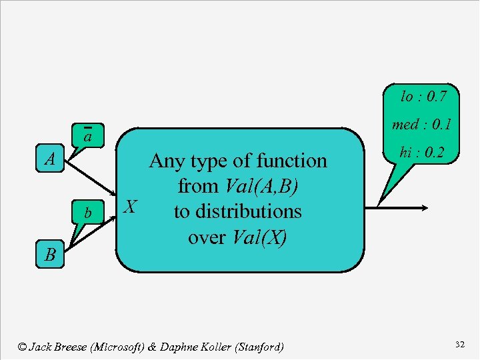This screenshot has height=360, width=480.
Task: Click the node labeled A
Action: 50,160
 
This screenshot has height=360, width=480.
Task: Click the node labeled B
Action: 50,254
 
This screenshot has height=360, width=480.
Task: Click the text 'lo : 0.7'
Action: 423,97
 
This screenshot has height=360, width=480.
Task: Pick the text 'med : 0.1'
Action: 422,125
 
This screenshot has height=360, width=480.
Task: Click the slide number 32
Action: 459,345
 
